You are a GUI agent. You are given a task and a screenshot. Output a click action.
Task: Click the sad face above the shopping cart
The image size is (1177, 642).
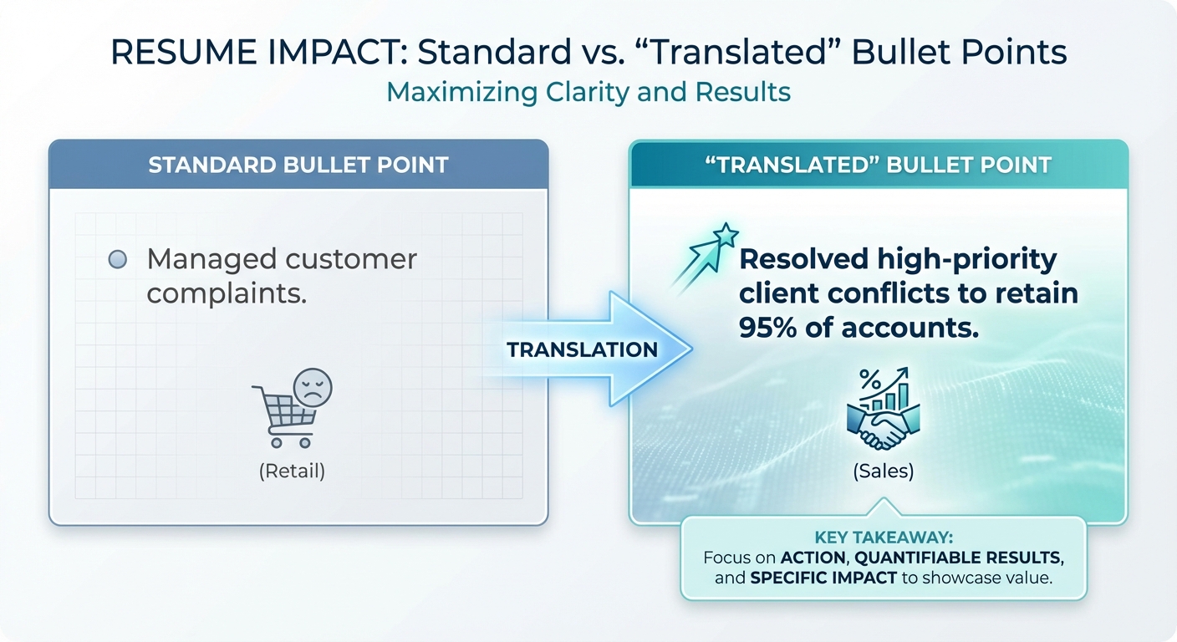[x=313, y=388]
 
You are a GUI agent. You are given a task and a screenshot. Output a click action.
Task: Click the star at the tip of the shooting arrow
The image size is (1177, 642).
[x=726, y=236]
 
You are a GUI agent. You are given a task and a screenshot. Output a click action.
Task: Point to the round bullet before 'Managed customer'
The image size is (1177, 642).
[x=118, y=259]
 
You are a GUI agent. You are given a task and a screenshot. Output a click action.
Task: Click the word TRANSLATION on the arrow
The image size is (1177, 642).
[x=582, y=350]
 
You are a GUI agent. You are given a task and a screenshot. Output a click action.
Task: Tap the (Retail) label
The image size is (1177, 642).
[x=292, y=471]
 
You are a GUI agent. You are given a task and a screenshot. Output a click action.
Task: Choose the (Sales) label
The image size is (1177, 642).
[x=884, y=471]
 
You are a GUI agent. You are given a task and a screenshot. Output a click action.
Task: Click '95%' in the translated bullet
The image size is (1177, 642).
[x=767, y=328]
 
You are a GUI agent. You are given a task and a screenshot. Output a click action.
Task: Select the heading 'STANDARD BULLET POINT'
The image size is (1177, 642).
[x=298, y=165]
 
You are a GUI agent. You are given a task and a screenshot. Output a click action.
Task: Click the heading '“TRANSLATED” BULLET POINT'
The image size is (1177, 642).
[x=878, y=165]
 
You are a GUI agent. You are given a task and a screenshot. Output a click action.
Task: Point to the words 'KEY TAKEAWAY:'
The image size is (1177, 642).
[x=884, y=538]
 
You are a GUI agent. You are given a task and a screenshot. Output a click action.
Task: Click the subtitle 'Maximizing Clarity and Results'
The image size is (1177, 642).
[x=588, y=92]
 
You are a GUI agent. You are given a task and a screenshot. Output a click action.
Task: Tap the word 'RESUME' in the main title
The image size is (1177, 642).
[x=184, y=52]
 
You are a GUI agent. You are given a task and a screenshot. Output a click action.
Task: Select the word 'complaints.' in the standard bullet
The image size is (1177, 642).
[x=227, y=293]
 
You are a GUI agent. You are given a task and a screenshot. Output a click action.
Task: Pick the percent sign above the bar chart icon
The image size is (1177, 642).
[x=869, y=380]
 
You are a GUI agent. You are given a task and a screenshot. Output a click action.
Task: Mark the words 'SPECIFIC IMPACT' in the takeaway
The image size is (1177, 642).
[x=823, y=578]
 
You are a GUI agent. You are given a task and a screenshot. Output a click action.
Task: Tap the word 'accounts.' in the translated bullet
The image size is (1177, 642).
[x=910, y=328]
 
